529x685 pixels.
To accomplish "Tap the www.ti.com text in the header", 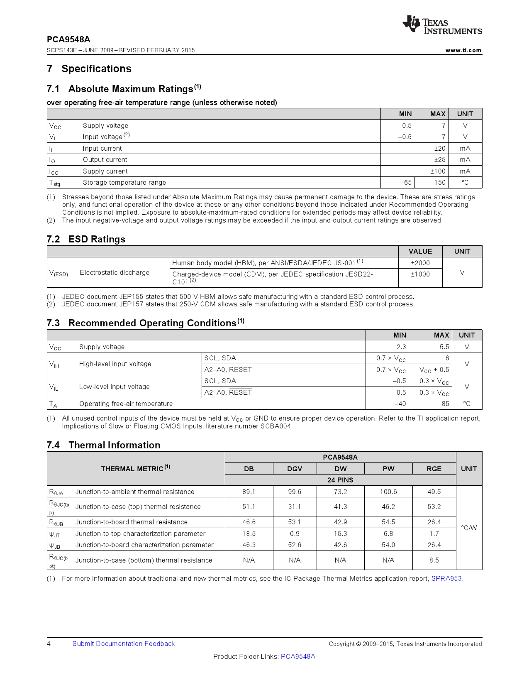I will [x=463, y=50].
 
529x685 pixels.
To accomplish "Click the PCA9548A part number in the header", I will [x=68, y=39].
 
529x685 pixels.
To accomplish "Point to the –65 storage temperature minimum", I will [x=405, y=182].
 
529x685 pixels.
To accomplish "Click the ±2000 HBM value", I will [x=420, y=263].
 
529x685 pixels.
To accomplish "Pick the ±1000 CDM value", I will [x=420, y=274].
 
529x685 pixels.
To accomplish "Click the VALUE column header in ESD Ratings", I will [x=420, y=251].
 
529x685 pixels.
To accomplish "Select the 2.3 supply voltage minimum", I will [x=401, y=347].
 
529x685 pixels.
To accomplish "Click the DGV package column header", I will [x=295, y=469].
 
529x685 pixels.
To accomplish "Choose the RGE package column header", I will [x=434, y=469].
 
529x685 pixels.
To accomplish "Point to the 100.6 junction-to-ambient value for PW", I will [x=388, y=492].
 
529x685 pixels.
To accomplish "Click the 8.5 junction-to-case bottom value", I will [x=434, y=560].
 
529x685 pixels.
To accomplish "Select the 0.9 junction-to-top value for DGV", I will [x=295, y=533].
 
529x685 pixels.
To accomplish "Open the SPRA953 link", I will [x=446, y=578].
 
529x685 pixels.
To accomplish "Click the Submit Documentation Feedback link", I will [x=124, y=643].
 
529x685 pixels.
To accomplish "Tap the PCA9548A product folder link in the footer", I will [x=298, y=656].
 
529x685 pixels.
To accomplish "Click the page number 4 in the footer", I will [x=49, y=643].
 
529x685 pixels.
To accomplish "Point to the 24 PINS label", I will [x=340, y=480].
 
